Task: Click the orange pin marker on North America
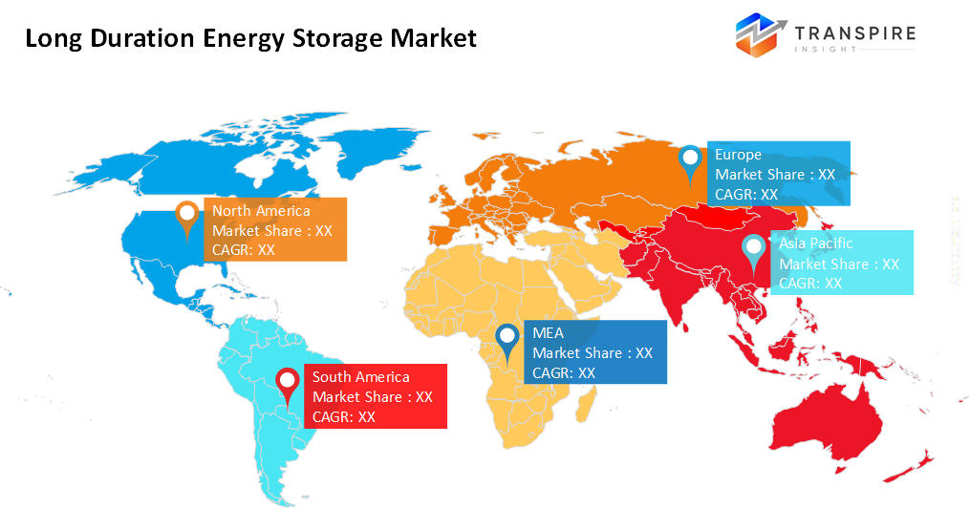[x=186, y=215]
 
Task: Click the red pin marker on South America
[x=287, y=384]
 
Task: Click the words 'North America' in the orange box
[x=261, y=211]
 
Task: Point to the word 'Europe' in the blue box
[x=738, y=155]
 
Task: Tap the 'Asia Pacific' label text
[x=816, y=243]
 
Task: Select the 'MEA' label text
[x=549, y=333]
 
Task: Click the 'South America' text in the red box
[x=360, y=377]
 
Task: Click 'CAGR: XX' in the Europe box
[x=746, y=194]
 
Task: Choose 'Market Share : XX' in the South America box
[x=373, y=397]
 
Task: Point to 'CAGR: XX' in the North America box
[x=244, y=250]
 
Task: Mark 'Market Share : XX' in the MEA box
[x=593, y=353]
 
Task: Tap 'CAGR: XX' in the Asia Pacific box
[x=810, y=284]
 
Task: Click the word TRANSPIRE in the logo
[x=854, y=34]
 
